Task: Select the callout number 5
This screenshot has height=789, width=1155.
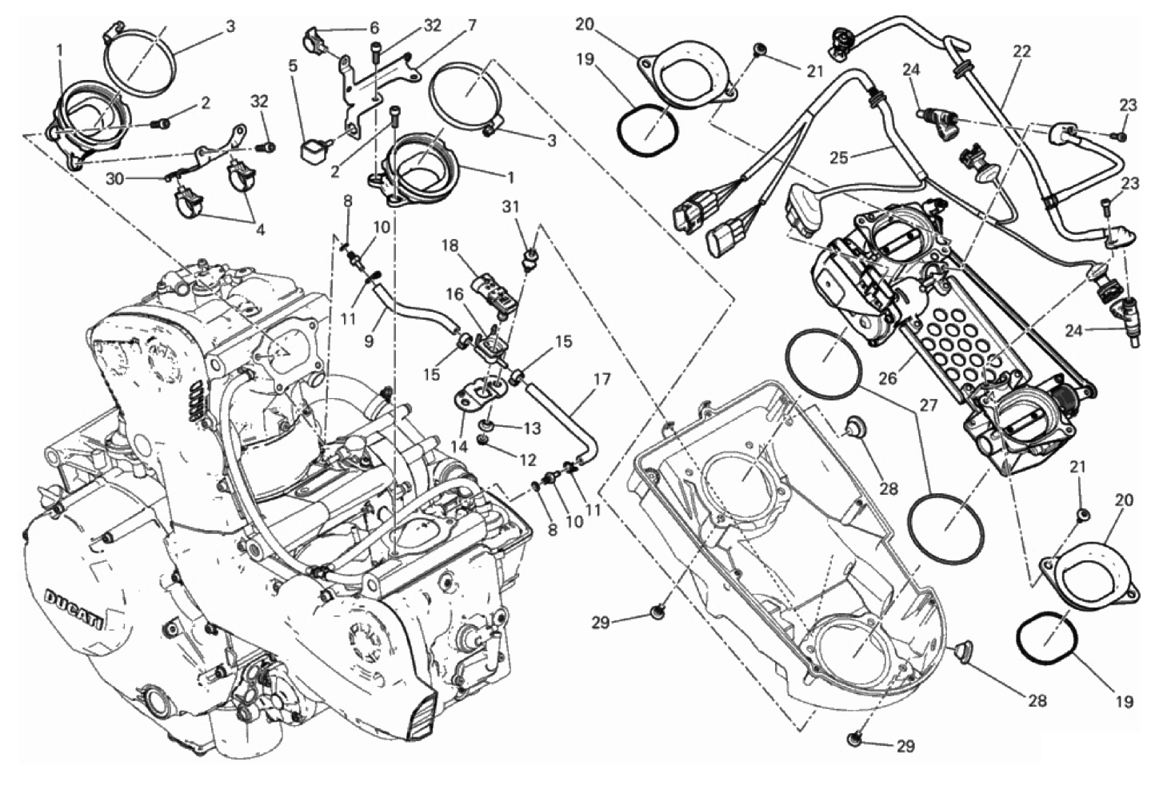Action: (x=293, y=66)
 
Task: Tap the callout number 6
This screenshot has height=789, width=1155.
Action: (x=374, y=27)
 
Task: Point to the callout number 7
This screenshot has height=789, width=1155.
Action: (x=472, y=26)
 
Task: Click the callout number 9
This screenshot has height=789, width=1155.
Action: (x=369, y=340)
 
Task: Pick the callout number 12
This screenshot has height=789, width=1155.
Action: (x=528, y=460)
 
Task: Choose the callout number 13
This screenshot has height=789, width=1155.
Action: (x=532, y=428)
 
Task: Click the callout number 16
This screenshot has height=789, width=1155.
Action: (x=454, y=295)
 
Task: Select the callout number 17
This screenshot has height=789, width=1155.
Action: (x=601, y=378)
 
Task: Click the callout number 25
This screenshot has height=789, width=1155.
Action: (x=837, y=157)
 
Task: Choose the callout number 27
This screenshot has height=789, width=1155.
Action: (x=928, y=406)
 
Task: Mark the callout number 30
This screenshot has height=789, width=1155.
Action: (x=114, y=179)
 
